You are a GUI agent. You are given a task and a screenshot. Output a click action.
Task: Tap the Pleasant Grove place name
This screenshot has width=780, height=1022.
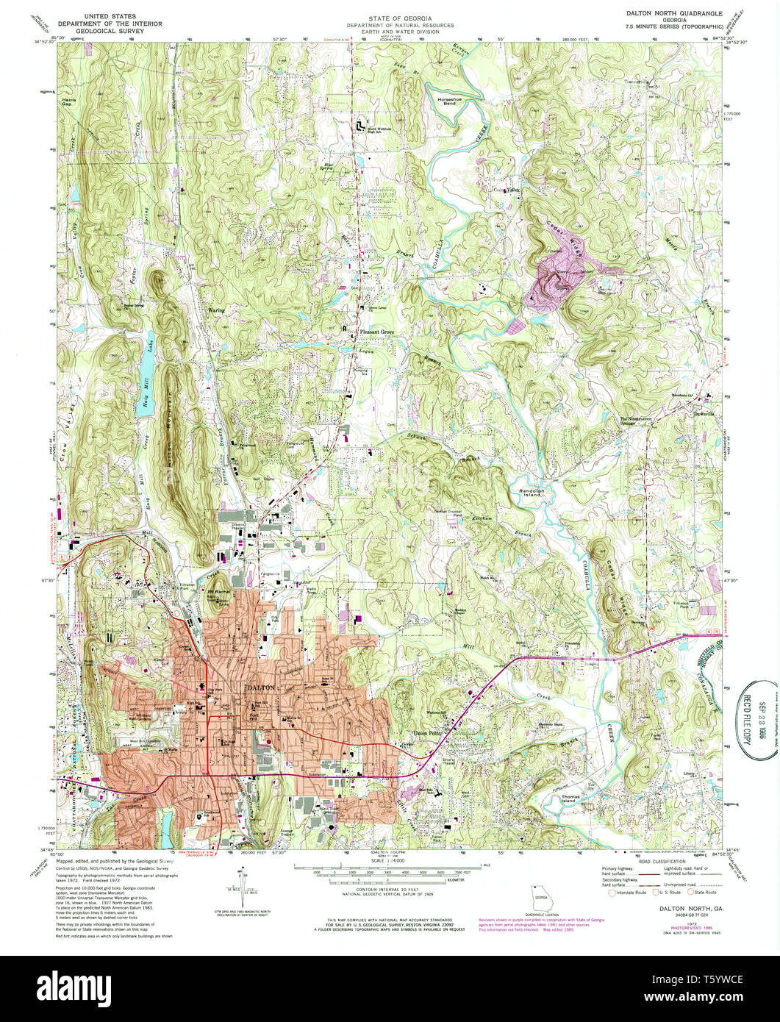tap(377, 332)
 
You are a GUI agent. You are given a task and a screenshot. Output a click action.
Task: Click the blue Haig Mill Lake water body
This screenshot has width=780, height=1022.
tap(145, 391)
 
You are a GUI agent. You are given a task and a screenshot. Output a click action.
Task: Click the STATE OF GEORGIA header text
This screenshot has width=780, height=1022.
tap(400, 17)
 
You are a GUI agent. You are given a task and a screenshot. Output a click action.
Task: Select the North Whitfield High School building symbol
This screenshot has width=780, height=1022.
tap(360, 126)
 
